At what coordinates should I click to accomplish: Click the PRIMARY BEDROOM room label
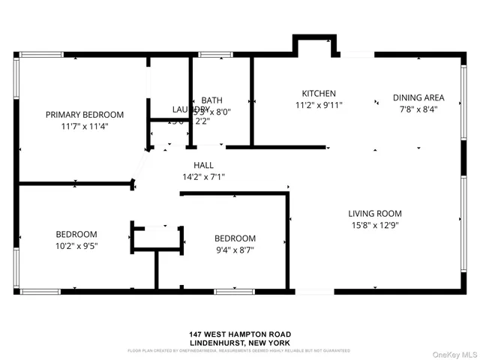[x=84, y=115]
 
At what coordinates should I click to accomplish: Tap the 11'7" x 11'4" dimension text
[x=84, y=126]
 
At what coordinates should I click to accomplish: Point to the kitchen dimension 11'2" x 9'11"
[x=319, y=106]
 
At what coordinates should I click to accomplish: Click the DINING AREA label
[x=418, y=97]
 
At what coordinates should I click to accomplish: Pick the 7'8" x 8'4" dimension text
[x=418, y=109]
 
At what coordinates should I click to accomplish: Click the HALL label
[x=203, y=165]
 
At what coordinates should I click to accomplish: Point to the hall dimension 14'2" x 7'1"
[x=203, y=177]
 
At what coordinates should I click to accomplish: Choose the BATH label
[x=212, y=100]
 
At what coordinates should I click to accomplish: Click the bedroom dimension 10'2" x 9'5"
[x=76, y=244]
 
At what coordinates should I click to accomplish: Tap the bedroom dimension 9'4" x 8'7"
[x=235, y=250]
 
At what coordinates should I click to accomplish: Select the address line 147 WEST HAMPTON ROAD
[x=240, y=334]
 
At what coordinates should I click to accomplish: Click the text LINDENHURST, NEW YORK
[x=240, y=343]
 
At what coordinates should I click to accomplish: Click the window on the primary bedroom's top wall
[x=41, y=54]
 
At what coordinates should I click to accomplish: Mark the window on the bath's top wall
[x=215, y=54]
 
